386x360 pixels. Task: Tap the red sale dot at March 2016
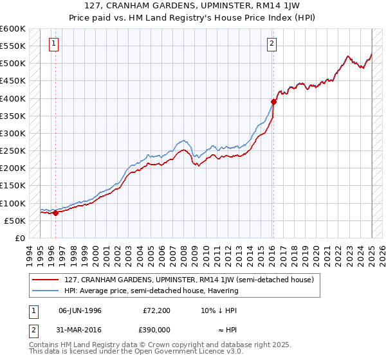[x=273, y=102]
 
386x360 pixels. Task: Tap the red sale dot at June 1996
[x=55, y=213]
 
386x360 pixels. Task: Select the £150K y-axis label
[x=13, y=185]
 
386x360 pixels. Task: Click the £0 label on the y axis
[x=19, y=238]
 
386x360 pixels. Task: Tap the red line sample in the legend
[x=46, y=280]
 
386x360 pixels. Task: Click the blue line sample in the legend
[x=46, y=291]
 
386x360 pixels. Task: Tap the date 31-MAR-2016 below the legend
[x=80, y=328]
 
